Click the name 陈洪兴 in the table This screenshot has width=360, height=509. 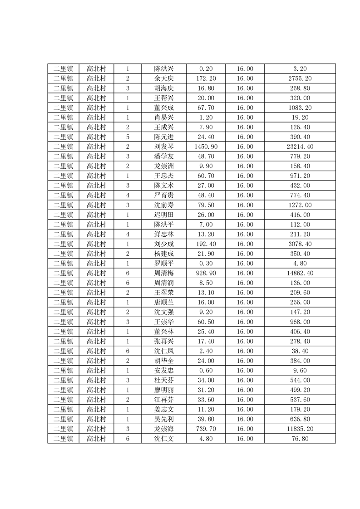[163, 69]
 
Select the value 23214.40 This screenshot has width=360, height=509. [300, 147]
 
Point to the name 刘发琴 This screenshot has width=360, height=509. [163, 147]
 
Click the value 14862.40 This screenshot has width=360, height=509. [300, 274]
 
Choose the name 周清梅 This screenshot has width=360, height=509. [163, 274]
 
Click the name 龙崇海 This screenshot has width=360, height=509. [163, 429]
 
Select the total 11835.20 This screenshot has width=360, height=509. [300, 429]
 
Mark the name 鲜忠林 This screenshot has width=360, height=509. [163, 235]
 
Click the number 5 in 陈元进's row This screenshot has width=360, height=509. [128, 137]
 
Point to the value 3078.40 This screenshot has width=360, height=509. [300, 244]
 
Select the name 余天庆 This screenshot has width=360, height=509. [163, 78]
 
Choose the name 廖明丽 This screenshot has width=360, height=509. [163, 390]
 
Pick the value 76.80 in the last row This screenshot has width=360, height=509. [300, 439]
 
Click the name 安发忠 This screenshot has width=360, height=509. [163, 371]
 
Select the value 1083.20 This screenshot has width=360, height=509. [300, 108]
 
